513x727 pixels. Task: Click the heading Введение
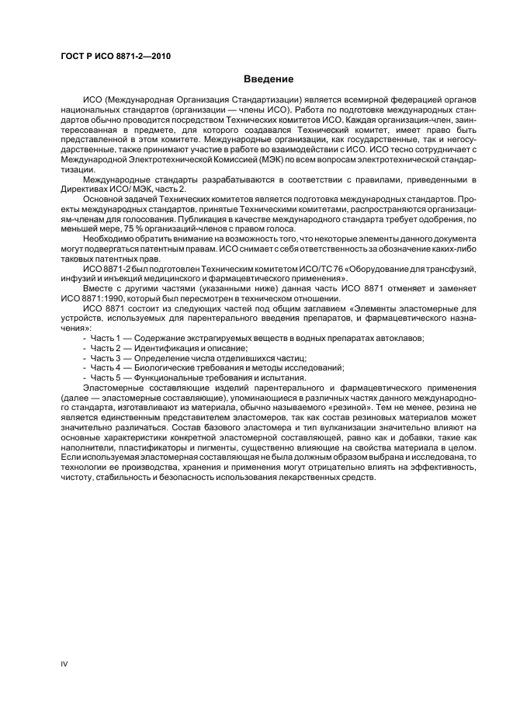(x=269, y=78)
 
